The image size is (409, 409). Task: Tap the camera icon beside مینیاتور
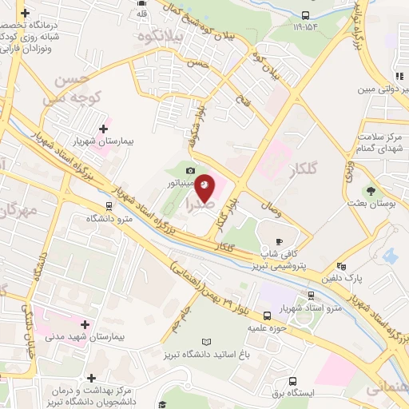[190, 170]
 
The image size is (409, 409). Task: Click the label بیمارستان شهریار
[127, 141]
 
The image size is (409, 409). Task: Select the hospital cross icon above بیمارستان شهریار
[103, 128]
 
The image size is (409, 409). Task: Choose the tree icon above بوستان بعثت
[370, 190]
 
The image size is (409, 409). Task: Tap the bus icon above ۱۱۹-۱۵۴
[306, 14]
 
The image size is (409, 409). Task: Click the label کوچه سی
[69, 100]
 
